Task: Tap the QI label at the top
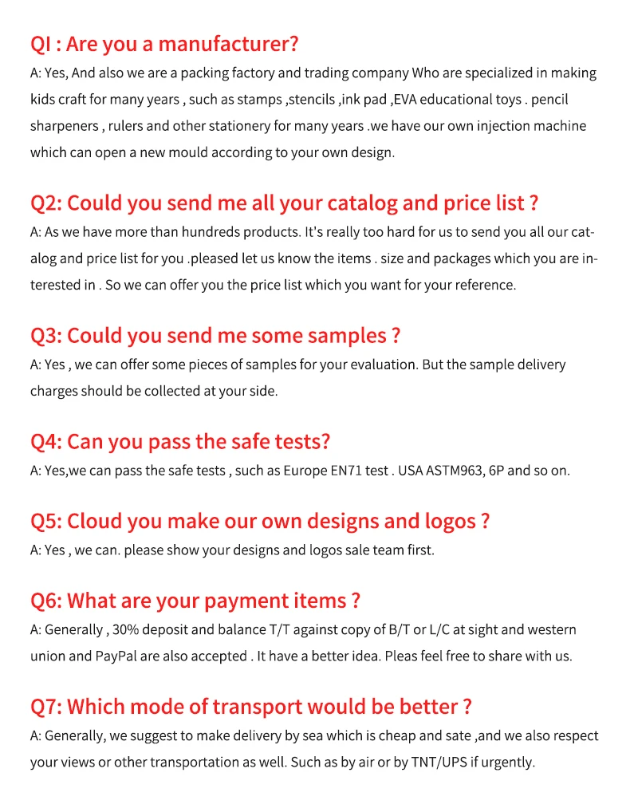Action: (x=41, y=44)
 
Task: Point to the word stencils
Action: (x=311, y=100)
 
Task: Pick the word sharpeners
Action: (x=64, y=126)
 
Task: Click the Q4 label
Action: (x=45, y=441)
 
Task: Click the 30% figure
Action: (x=126, y=629)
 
